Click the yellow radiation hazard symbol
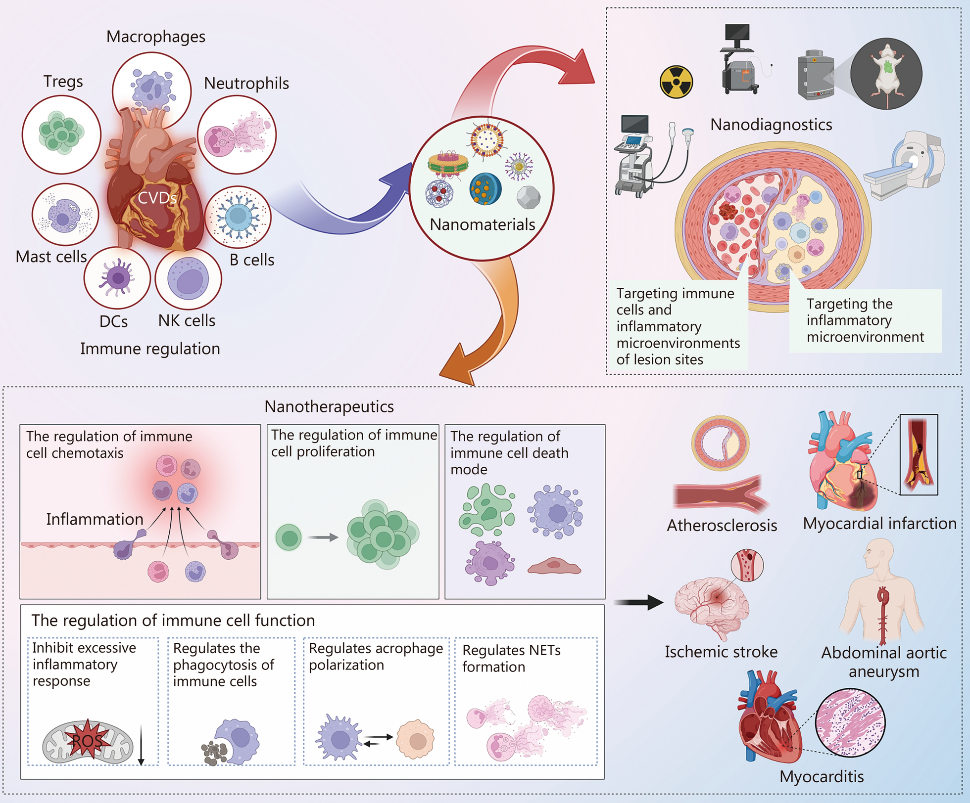pyautogui.click(x=676, y=82)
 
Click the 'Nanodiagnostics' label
pyautogui.click(x=771, y=125)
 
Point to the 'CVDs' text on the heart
pyautogui.click(x=157, y=198)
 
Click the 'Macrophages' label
pyautogui.click(x=156, y=37)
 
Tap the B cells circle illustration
pyautogui.click(x=238, y=217)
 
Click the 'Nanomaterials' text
pyautogui.click(x=482, y=224)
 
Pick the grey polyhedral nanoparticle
pyautogui.click(x=528, y=197)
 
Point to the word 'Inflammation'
pyautogui.click(x=95, y=519)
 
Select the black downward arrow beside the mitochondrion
pyautogui.click(x=141, y=745)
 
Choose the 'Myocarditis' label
pyautogui.click(x=822, y=777)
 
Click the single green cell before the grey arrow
pyautogui.click(x=289, y=537)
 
